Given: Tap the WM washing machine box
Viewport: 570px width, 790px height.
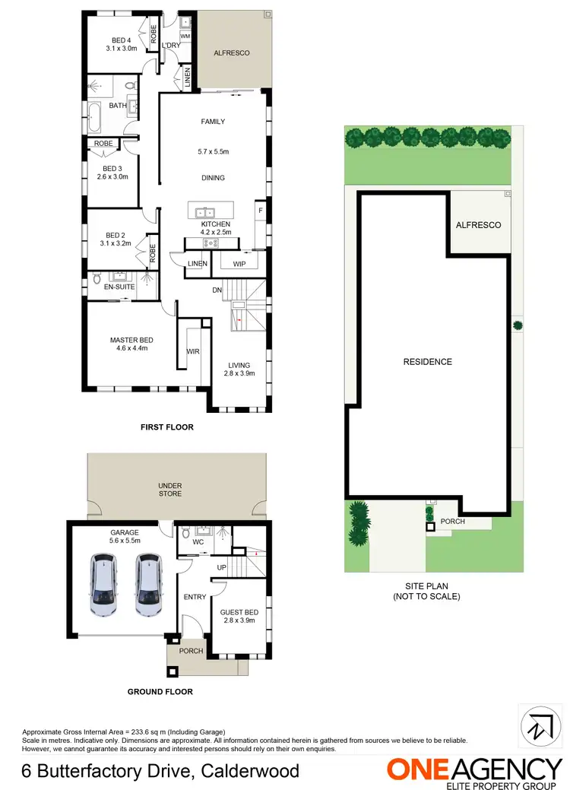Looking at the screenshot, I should point(185,36).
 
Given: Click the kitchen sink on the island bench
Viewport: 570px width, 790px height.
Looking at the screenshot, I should point(206,213).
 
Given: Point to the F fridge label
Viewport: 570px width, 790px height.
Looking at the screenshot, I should point(260,210).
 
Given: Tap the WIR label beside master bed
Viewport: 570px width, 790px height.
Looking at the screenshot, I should point(193,351).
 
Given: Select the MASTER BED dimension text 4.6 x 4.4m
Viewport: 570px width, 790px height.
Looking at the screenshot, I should point(131,349).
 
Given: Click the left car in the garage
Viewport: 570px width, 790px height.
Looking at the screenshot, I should point(104,584).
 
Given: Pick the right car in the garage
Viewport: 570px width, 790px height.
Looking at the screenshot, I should point(150,584).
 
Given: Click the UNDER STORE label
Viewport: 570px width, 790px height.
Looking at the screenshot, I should point(170,489).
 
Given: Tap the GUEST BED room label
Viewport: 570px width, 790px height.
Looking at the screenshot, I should point(239,612).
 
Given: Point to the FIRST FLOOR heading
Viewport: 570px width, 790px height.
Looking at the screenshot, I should point(167,427).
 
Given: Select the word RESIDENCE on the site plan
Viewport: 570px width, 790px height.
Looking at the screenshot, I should point(427,362).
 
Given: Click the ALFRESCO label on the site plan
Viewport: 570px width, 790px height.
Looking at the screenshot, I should point(478,226).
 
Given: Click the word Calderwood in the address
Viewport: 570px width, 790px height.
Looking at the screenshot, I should point(252,772).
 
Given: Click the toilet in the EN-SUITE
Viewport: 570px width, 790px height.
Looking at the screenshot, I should point(96,280).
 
